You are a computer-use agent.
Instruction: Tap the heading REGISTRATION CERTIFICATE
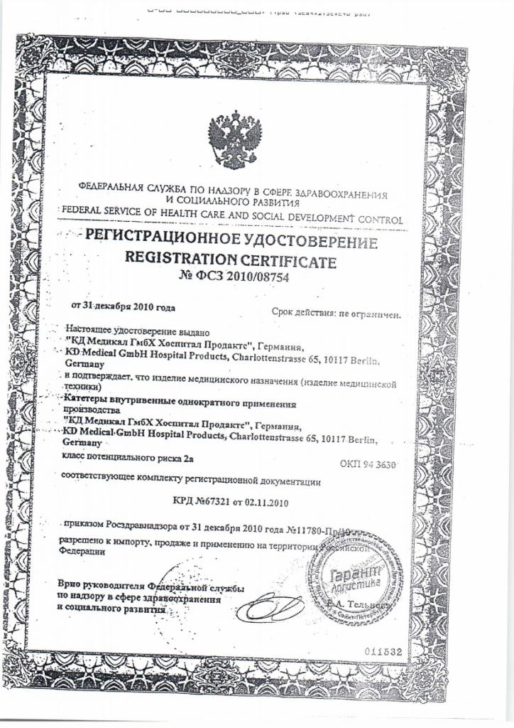click(x=231, y=259)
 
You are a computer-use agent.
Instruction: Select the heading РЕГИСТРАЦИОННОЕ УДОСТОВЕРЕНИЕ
click(x=231, y=242)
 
